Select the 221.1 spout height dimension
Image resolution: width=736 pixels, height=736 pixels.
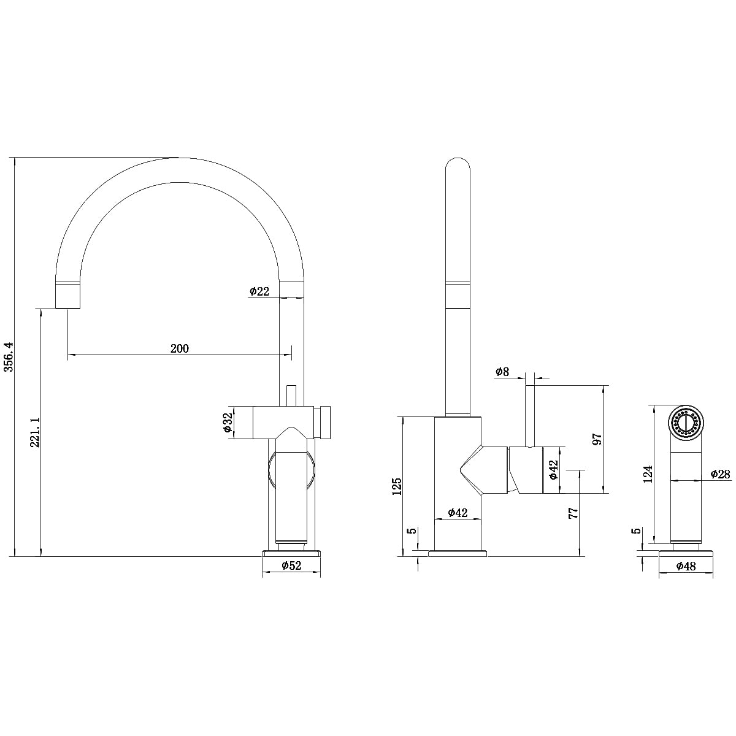point(35,432)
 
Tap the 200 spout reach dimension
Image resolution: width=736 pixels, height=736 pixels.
point(179,348)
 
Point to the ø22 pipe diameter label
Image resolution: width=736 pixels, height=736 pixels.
point(259,292)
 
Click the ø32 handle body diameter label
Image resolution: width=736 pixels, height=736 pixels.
point(228,423)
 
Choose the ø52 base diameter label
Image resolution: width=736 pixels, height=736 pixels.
point(291,566)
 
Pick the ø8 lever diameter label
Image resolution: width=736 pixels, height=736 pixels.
point(502,372)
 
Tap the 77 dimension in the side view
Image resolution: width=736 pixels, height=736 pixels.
point(573,513)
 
